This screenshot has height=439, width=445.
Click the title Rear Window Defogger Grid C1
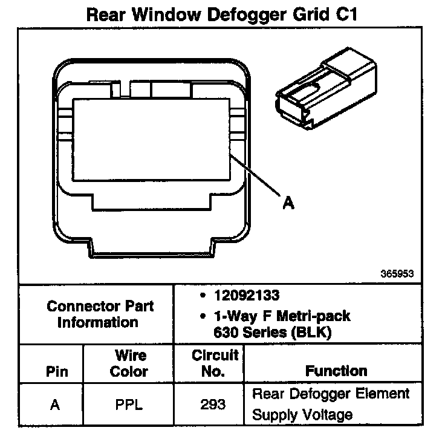click(223, 14)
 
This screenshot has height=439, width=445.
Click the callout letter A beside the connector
click(288, 203)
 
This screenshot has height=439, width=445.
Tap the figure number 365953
click(397, 273)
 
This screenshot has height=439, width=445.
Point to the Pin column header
click(57, 371)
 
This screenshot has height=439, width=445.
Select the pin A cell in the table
click(56, 405)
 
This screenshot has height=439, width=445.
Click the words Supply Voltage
click(302, 415)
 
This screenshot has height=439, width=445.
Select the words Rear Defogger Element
click(330, 394)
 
